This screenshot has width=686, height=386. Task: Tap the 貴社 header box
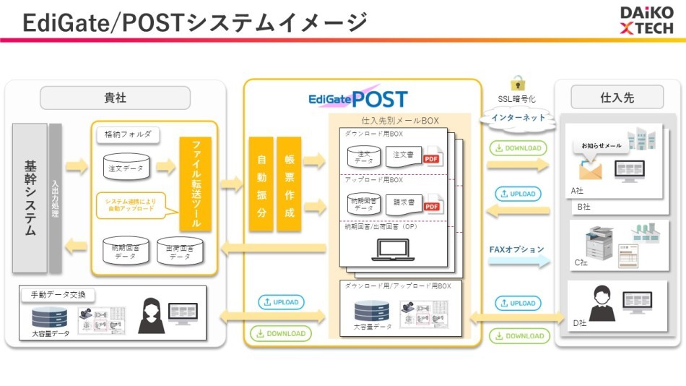coord(115,97)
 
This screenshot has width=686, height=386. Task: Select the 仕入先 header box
coord(617,97)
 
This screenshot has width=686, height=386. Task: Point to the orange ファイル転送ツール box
coord(195,184)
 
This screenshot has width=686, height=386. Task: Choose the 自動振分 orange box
coord(261,184)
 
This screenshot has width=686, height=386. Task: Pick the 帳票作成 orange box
coord(289,184)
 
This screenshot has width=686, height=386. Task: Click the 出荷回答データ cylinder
coord(180,251)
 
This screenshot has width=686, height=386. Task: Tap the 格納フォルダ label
coord(128,134)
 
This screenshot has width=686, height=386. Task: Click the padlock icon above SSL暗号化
coord(517,82)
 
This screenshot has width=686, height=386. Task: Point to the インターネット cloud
coord(518,117)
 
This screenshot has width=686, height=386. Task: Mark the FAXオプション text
coord(517,249)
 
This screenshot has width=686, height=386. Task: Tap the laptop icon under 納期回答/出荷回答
coord(394,250)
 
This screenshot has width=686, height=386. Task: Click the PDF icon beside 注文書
coord(432,157)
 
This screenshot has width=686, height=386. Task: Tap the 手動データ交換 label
coord(58,295)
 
